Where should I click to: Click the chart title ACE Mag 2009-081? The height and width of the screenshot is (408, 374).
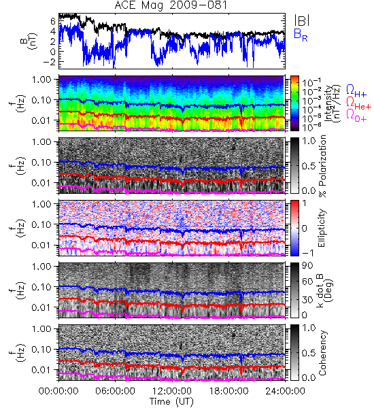(171, 5)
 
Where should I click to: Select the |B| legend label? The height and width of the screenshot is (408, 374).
(301, 20)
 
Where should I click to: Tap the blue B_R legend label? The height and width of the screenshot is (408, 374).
(301, 35)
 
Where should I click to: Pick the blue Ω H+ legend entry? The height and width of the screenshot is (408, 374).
(356, 91)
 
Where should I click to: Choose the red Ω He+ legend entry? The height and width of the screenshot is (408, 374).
(358, 103)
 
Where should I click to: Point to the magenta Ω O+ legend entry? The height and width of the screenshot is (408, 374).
(356, 116)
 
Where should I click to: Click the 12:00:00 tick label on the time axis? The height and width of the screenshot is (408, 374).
(172, 391)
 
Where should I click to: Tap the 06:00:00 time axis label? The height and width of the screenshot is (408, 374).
(116, 391)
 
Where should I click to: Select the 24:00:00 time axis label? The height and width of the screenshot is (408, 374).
(285, 391)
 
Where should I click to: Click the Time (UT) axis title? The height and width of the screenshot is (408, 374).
(172, 402)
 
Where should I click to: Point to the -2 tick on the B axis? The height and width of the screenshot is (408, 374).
(49, 62)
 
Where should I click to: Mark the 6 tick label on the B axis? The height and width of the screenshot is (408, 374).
(53, 21)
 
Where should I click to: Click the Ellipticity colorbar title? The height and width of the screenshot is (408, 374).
(322, 228)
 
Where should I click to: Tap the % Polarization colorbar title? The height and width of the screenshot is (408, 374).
(322, 166)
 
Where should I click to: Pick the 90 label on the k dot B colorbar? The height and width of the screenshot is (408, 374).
(307, 265)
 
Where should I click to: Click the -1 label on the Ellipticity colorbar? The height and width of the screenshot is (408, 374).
(307, 253)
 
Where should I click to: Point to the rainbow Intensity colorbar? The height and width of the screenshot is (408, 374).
(294, 103)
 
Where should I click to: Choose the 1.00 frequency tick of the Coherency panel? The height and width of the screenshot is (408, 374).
(43, 329)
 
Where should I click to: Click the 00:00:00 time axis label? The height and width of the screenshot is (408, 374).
(58, 391)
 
